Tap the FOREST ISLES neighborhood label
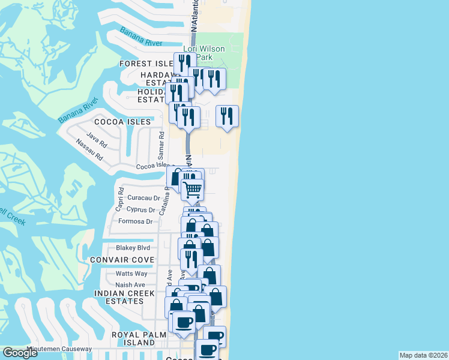point(146,64)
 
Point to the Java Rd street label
point(96,136)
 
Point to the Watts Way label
point(131,274)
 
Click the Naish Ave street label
point(130,285)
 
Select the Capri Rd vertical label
point(120,200)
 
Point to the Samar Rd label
point(160,143)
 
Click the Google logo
point(20,353)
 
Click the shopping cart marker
point(192,190)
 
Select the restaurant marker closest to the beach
point(227,116)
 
